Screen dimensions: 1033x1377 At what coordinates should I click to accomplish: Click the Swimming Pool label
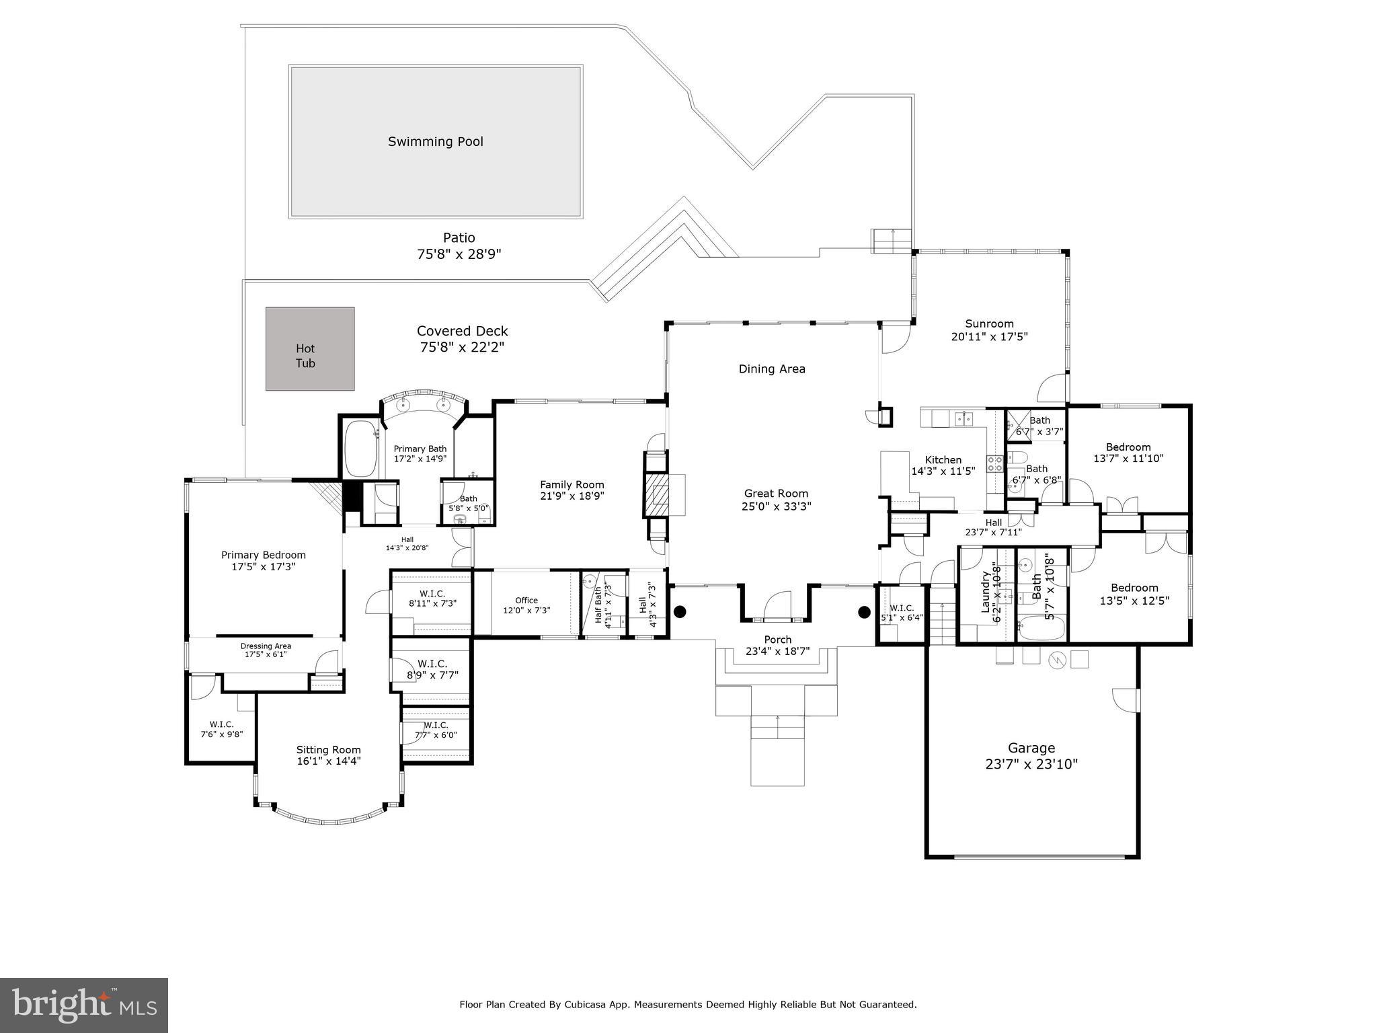tap(435, 141)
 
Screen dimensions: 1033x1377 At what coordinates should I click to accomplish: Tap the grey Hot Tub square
tap(309, 348)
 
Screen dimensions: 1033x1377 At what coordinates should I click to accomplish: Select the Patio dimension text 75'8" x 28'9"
tap(459, 254)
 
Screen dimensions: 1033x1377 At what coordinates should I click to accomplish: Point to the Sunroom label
tap(989, 323)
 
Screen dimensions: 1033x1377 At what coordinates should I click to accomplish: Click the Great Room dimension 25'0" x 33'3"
tap(776, 506)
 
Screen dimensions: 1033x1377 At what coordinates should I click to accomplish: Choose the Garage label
tap(1031, 748)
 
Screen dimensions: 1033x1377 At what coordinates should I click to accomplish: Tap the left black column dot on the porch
tap(680, 611)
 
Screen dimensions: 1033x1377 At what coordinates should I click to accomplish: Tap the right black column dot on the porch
tap(864, 611)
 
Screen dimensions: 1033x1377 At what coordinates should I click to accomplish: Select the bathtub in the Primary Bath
tap(360, 449)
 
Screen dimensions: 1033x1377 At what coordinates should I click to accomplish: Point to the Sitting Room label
tap(328, 749)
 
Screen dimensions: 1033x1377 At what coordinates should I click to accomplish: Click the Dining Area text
tap(772, 369)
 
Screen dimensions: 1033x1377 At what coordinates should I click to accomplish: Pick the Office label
tap(526, 600)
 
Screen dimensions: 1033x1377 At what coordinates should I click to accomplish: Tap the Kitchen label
tap(943, 460)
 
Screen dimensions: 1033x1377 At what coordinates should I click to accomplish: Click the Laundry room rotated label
tap(986, 592)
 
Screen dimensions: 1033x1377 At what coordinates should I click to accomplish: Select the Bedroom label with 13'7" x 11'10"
tap(1128, 447)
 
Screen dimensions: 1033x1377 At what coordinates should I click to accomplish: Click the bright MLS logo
tap(83, 1005)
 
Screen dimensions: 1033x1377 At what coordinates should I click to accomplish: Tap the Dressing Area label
tap(266, 646)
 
